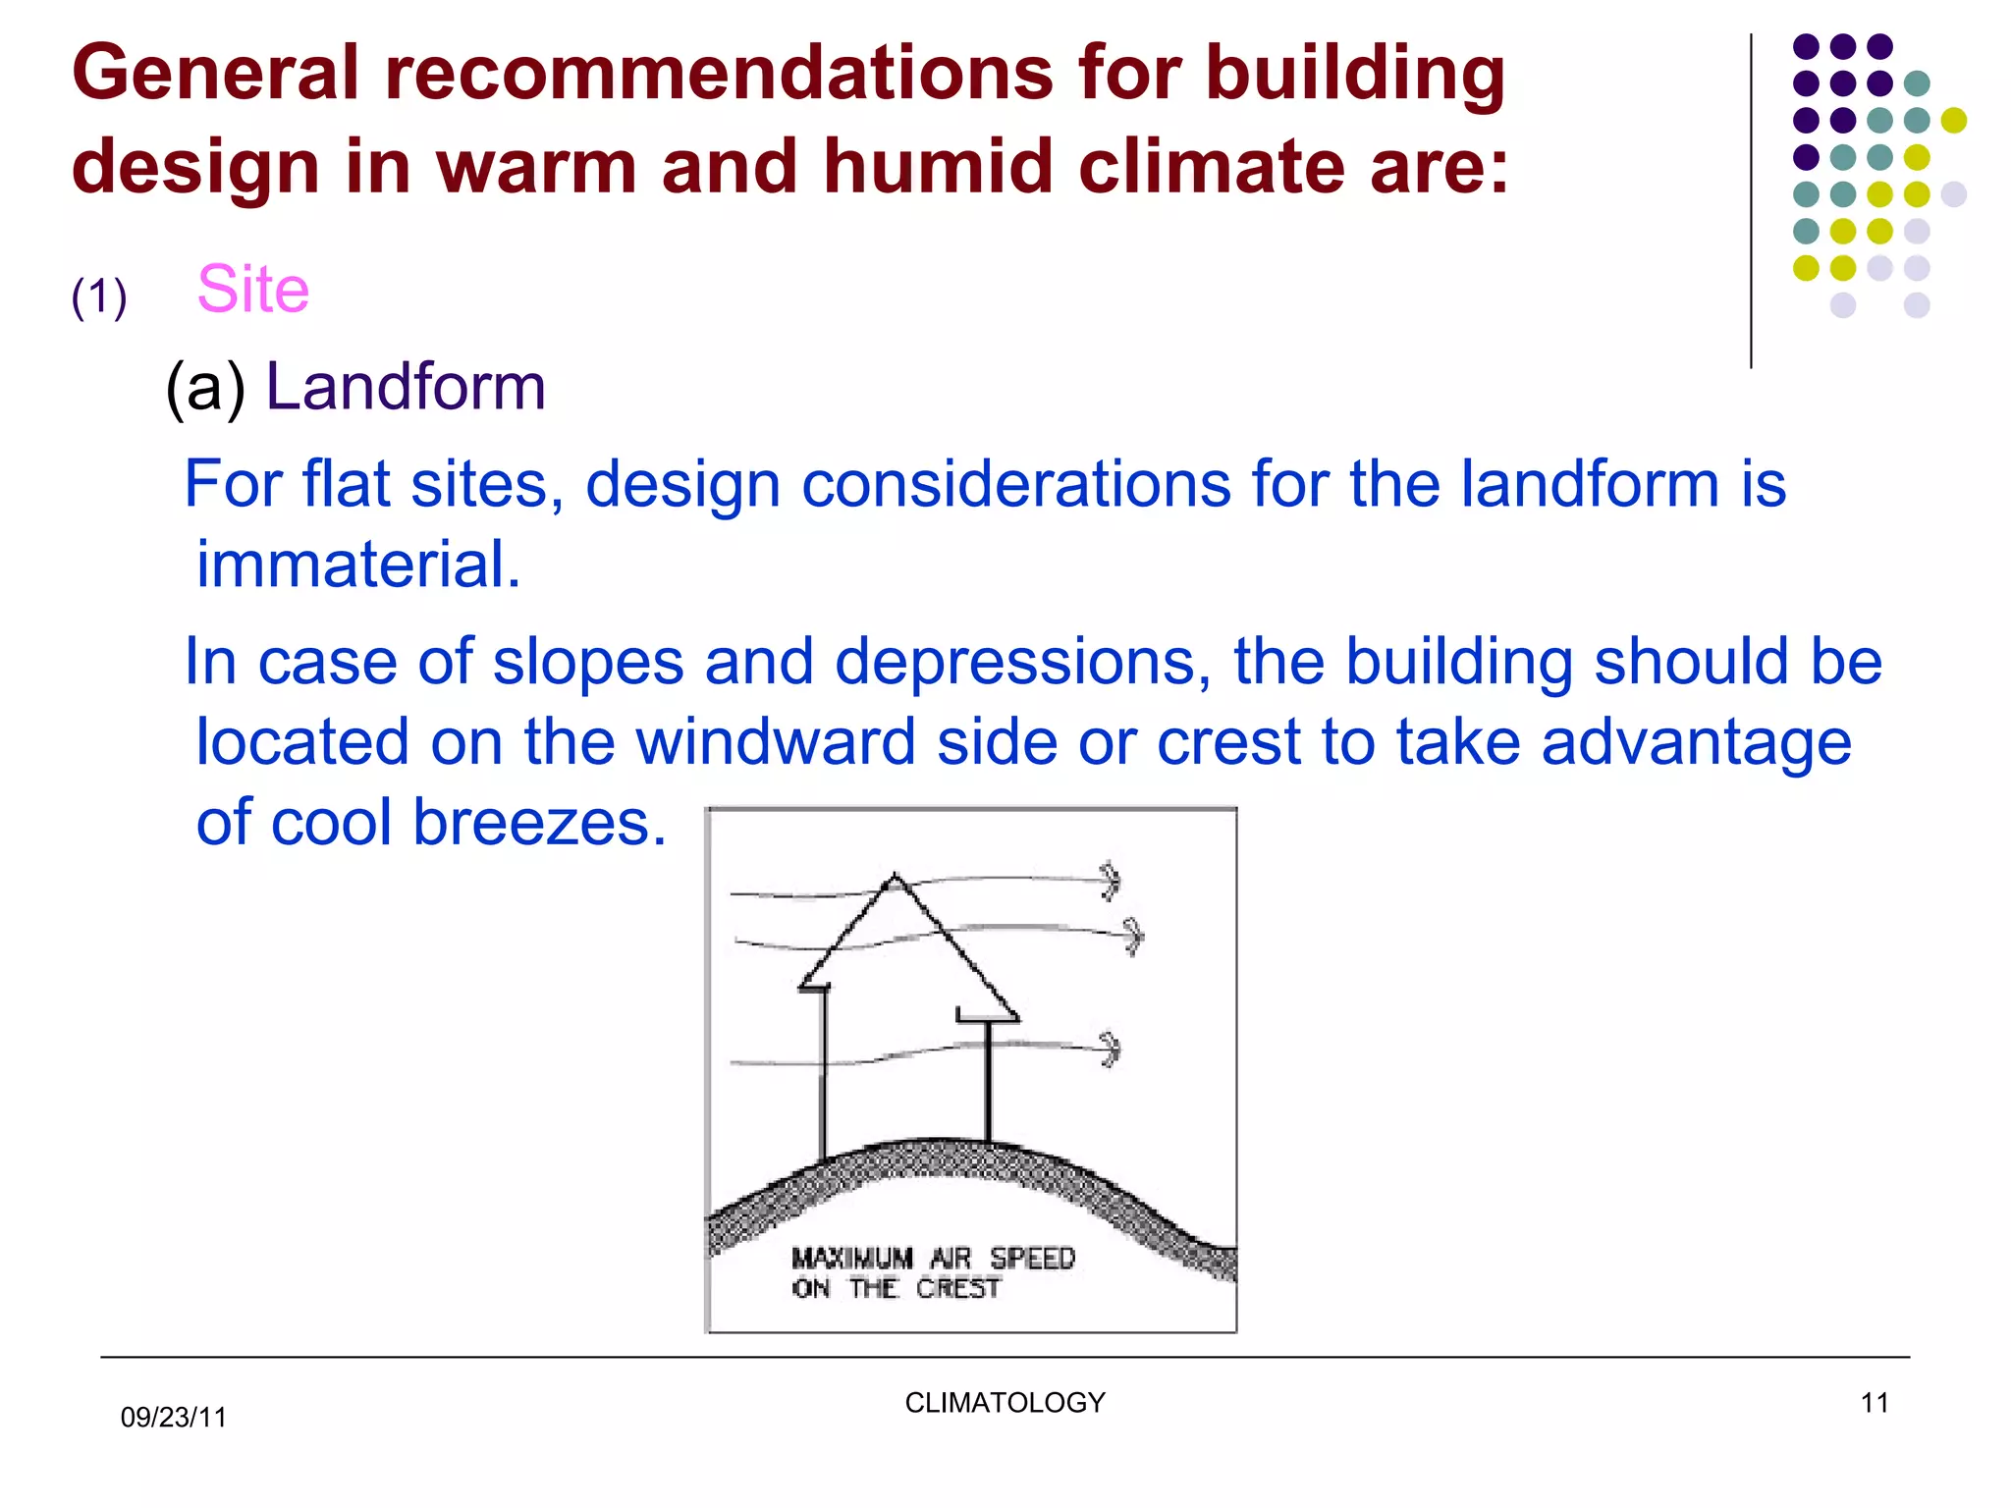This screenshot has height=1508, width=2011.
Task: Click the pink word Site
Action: pyautogui.click(x=252, y=290)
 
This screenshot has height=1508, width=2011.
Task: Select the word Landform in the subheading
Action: pyautogui.click(x=405, y=387)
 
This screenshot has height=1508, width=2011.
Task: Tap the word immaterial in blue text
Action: pyautogui.click(x=357, y=565)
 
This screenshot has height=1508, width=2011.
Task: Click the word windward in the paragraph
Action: pyautogui.click(x=774, y=741)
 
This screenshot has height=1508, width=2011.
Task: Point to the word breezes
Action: pyautogui.click(x=539, y=822)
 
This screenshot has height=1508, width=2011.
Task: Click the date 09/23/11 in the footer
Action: pyautogui.click(x=173, y=1417)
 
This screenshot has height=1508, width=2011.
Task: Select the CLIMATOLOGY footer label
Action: pyautogui.click(x=1005, y=1402)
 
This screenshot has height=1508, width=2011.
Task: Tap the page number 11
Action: pyautogui.click(x=1874, y=1403)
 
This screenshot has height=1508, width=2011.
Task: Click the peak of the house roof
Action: pyautogui.click(x=894, y=876)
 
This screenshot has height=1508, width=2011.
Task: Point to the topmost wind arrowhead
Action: pyautogui.click(x=1111, y=881)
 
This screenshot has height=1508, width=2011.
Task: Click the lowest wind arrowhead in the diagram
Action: pyautogui.click(x=1111, y=1050)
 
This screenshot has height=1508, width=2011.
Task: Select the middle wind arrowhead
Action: pyautogui.click(x=1134, y=935)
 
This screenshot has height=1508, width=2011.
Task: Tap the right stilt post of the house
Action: pyautogui.click(x=988, y=1080)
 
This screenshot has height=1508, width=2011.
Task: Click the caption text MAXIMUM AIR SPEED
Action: pyautogui.click(x=933, y=1258)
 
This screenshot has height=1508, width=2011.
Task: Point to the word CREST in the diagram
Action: pyautogui.click(x=957, y=1288)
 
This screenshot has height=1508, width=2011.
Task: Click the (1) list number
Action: pyautogui.click(x=99, y=296)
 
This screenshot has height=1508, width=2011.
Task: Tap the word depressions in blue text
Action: pyautogui.click(x=1022, y=662)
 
